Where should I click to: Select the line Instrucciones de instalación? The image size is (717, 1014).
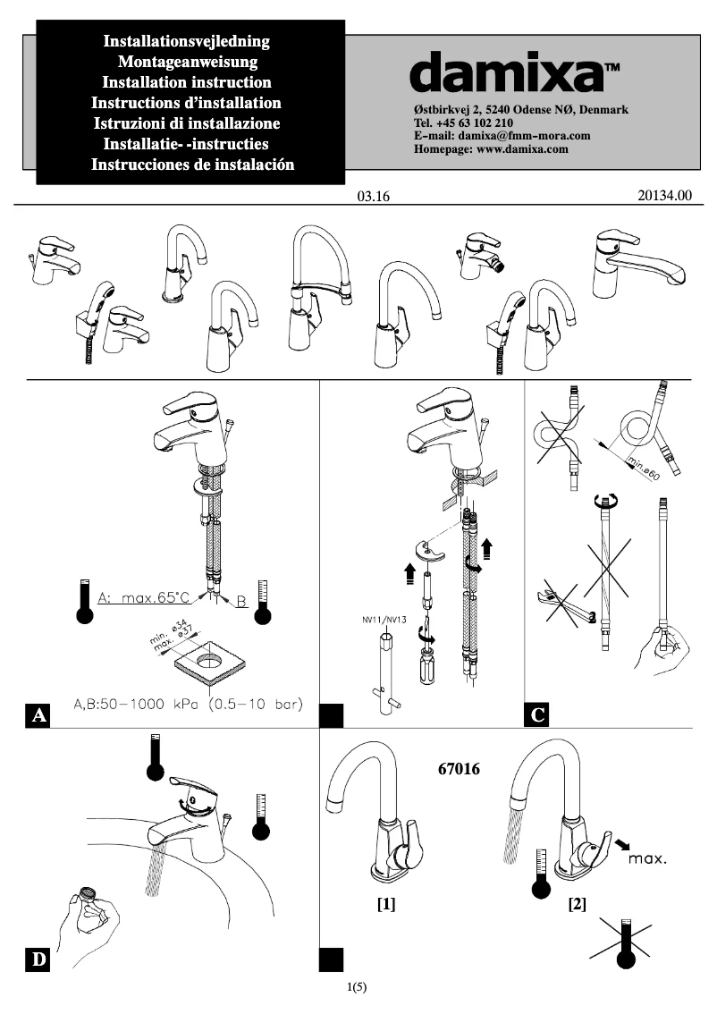(192, 165)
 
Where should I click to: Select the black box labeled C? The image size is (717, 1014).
(538, 715)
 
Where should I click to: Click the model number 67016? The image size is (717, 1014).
(460, 768)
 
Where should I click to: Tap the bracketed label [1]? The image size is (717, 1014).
(386, 904)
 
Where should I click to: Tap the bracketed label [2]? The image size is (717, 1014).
(577, 904)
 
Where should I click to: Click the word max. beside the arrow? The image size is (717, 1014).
(647, 859)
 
